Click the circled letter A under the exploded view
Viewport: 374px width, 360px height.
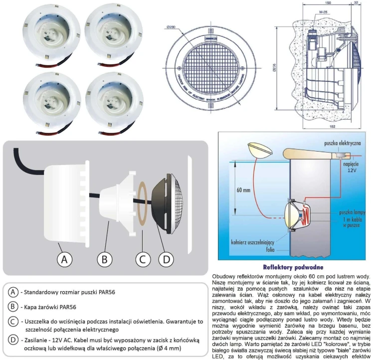63,259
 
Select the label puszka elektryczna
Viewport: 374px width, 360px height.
341,143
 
